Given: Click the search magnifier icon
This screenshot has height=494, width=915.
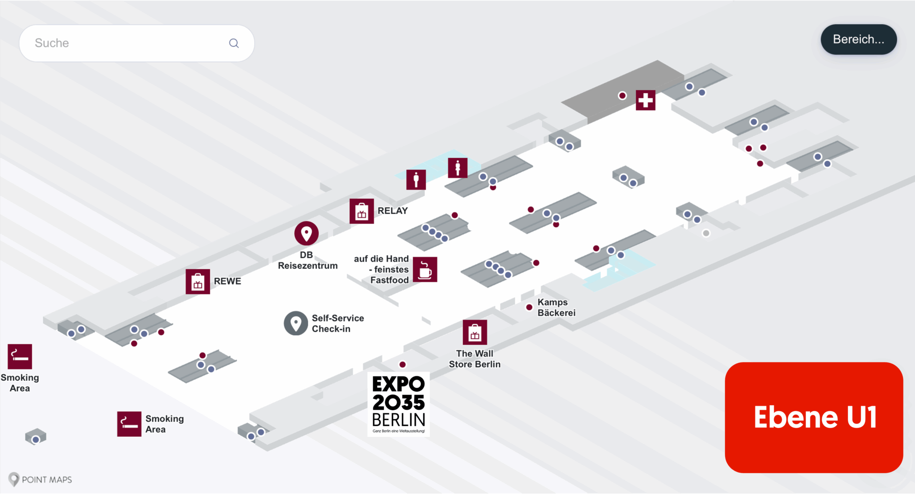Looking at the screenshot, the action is pyautogui.click(x=234, y=43).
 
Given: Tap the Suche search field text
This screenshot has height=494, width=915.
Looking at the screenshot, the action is pyautogui.click(x=52, y=43).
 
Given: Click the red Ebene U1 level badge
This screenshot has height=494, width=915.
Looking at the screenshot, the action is pyautogui.click(x=814, y=417).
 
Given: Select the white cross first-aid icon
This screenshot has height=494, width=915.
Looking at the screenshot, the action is pyautogui.click(x=646, y=100).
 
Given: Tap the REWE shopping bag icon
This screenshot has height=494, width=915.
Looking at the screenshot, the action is pyautogui.click(x=198, y=282).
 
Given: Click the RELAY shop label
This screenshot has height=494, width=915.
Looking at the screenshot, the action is pyautogui.click(x=393, y=211).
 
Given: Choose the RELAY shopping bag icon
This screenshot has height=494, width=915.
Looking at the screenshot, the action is pyautogui.click(x=362, y=211).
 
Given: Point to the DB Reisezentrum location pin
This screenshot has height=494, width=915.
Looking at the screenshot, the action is pyautogui.click(x=306, y=233).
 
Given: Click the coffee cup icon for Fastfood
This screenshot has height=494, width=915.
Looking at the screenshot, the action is pyautogui.click(x=425, y=270).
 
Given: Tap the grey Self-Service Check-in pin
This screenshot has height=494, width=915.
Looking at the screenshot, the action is pyautogui.click(x=296, y=323).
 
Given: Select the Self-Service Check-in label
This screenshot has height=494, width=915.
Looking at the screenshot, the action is pyautogui.click(x=338, y=324).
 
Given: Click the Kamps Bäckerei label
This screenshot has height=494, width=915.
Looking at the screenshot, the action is pyautogui.click(x=556, y=307).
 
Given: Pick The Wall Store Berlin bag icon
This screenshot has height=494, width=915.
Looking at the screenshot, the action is pyautogui.click(x=475, y=332).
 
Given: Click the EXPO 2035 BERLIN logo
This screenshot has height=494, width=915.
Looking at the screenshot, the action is pyautogui.click(x=399, y=404).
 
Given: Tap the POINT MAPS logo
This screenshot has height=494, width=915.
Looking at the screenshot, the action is pyautogui.click(x=40, y=480).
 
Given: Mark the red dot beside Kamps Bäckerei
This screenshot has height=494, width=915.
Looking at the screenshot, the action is pyautogui.click(x=529, y=307).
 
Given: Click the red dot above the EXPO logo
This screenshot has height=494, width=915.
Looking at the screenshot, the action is pyautogui.click(x=403, y=365).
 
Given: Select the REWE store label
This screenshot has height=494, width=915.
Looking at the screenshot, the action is pyautogui.click(x=227, y=281).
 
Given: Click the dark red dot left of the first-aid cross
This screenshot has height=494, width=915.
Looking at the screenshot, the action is pyautogui.click(x=622, y=95).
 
